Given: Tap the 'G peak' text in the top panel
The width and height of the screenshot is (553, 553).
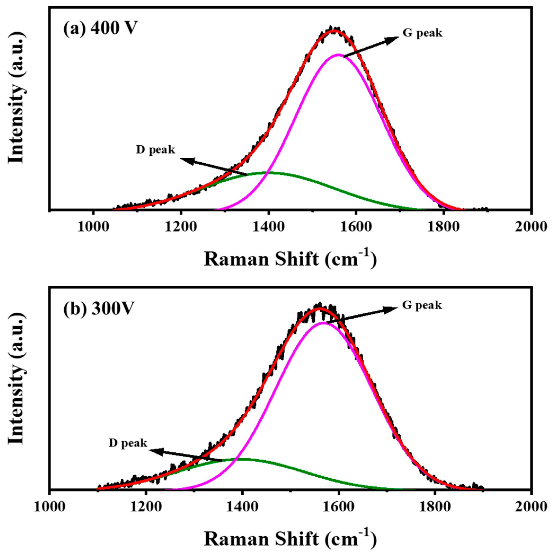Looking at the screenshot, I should click(422, 33).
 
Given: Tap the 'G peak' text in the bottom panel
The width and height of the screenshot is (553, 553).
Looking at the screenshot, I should click(422, 305).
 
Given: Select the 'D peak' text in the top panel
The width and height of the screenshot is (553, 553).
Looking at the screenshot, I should click(155, 150).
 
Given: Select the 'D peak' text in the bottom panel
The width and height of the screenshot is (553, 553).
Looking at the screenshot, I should click(128, 443).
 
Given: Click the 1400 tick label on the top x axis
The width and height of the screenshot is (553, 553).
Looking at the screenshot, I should click(268, 227).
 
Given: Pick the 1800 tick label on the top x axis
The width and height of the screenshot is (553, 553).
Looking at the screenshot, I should click(443, 227).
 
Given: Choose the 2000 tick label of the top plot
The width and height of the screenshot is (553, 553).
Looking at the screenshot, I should click(531, 227).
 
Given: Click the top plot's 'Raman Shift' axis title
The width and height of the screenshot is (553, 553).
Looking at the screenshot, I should click(290, 258).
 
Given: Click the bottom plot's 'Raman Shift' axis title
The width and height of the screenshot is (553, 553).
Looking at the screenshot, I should click(290, 538).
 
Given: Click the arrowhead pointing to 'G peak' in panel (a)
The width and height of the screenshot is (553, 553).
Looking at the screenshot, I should click(394, 39).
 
